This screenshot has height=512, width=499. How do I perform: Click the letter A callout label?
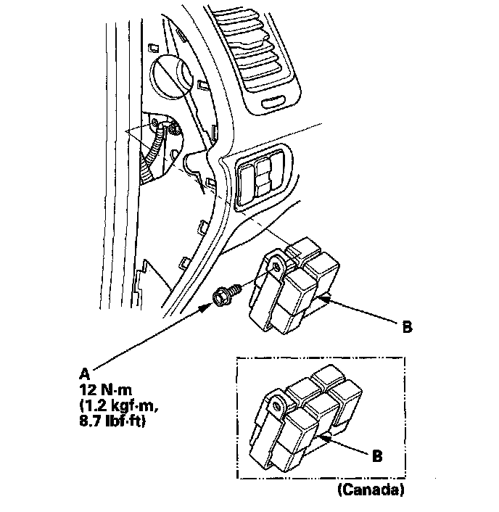(x=84, y=373)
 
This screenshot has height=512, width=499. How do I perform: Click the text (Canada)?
(x=371, y=491)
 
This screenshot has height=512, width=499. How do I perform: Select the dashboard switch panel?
(x=263, y=175)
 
